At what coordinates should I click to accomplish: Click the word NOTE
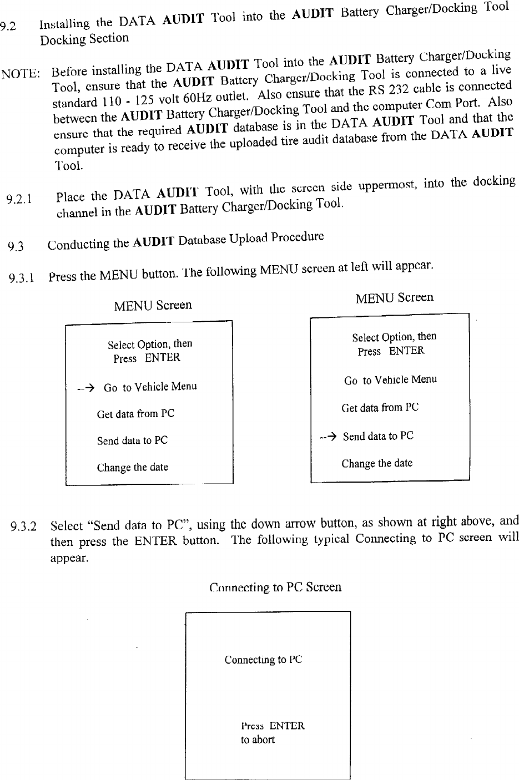[x=19, y=74]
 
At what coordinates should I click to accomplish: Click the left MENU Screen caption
[x=153, y=305]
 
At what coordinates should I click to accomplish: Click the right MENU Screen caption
[x=394, y=298]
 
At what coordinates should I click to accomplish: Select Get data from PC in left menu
[x=135, y=414]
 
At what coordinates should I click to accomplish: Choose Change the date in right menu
[x=377, y=463]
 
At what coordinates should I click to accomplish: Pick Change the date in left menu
[x=132, y=467]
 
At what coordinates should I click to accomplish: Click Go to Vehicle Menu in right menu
[x=390, y=380]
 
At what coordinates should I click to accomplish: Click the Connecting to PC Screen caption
[x=275, y=587]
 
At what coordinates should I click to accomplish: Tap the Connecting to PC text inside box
[x=263, y=660]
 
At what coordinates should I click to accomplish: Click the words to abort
[x=258, y=740]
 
